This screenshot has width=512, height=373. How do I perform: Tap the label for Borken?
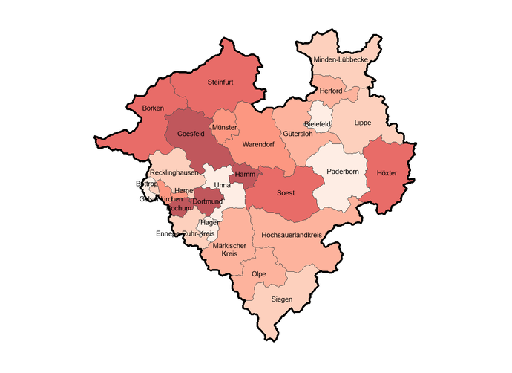coord(154,108)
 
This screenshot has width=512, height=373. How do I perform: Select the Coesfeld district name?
coord(191,134)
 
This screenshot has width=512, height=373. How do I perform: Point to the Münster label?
coord(224,128)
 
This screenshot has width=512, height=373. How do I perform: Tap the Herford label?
coord(331,91)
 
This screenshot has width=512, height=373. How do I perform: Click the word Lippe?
coord(362,123)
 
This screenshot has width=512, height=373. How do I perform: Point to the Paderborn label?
coord(342,172)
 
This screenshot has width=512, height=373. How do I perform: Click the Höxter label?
coord(387,172)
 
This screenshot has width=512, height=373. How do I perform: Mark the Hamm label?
coord(244,175)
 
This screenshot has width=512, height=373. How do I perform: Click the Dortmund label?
coord(209,201)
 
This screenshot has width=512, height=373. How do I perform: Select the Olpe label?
coord(259,274)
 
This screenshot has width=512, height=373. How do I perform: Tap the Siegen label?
coord(282,299)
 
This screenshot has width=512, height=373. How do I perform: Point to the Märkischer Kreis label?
coord(224,250)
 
